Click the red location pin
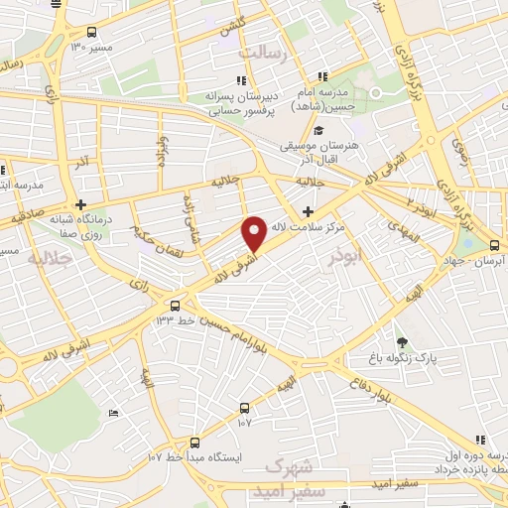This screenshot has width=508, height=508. (x=255, y=232)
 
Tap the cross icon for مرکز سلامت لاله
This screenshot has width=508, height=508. (x=308, y=211)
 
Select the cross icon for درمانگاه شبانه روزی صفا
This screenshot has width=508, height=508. (x=80, y=204)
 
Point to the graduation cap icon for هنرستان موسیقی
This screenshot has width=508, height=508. (x=319, y=131)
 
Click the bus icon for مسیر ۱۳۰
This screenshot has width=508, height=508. (x=92, y=32)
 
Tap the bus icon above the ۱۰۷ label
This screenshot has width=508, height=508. (x=244, y=407)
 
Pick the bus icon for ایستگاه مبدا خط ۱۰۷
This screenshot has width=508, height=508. (x=193, y=443)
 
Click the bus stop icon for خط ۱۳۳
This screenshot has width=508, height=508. (x=176, y=306)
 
